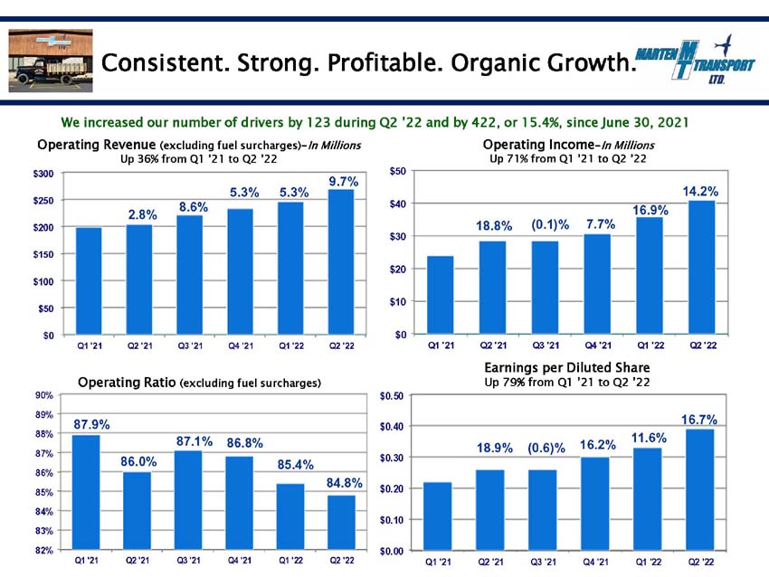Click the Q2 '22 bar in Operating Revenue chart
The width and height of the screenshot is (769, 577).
341,262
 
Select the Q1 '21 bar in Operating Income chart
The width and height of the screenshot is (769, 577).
441,295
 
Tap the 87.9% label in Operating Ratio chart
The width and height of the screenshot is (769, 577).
91,424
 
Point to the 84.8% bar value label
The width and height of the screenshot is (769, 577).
345,483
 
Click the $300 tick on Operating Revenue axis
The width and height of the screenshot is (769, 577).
43,174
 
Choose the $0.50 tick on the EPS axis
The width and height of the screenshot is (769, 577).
392,396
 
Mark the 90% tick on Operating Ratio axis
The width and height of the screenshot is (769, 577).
44,395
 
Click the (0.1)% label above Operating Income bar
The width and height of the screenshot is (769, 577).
550,225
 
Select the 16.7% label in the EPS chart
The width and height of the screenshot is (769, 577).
698,420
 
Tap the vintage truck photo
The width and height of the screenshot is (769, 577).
51,61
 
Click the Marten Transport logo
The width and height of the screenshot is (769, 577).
695,60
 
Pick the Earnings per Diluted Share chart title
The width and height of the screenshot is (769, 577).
567,368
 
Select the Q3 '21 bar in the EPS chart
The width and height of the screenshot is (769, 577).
543,510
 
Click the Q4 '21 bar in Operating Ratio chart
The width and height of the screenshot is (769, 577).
240,503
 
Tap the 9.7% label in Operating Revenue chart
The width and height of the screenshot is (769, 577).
343,182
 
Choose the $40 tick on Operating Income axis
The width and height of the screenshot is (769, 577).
398,203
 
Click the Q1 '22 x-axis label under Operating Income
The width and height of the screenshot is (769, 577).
650,345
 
